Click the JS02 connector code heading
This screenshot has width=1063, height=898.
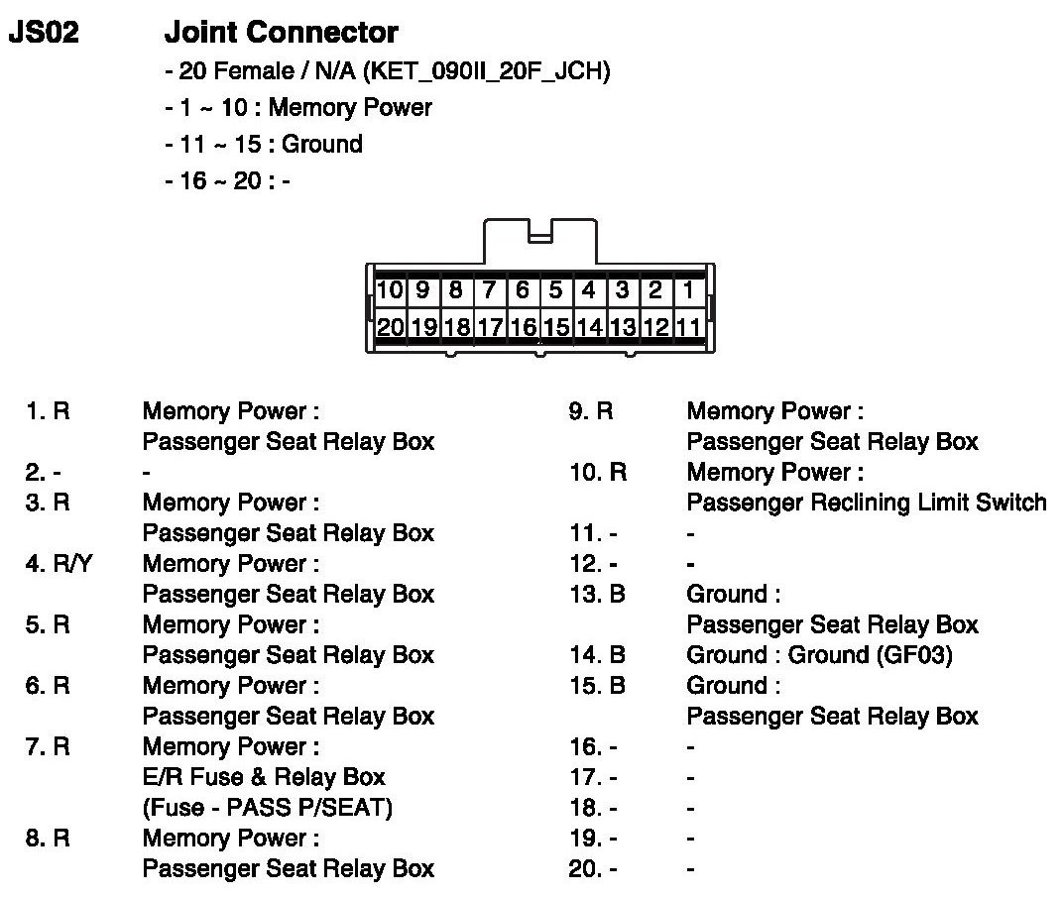(x=44, y=33)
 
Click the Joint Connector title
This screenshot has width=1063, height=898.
(x=281, y=33)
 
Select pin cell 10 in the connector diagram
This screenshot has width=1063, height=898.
(x=391, y=290)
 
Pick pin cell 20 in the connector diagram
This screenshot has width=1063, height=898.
(x=391, y=326)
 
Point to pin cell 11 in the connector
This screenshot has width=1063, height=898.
(x=689, y=326)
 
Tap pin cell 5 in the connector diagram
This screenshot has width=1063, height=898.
(x=556, y=290)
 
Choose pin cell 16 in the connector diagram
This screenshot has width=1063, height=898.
(x=524, y=326)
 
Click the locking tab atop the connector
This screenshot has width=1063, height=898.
(x=539, y=237)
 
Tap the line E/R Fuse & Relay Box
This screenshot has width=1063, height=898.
(x=264, y=777)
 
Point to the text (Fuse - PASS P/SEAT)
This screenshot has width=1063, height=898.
(x=268, y=808)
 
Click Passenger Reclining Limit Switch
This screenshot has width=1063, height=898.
(x=866, y=503)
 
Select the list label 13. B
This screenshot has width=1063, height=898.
(x=598, y=595)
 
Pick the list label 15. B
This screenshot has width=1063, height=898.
(x=598, y=686)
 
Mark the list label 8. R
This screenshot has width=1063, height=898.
(x=48, y=839)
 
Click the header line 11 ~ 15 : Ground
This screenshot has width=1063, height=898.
(x=264, y=144)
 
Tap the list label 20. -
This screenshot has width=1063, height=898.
(x=594, y=869)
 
